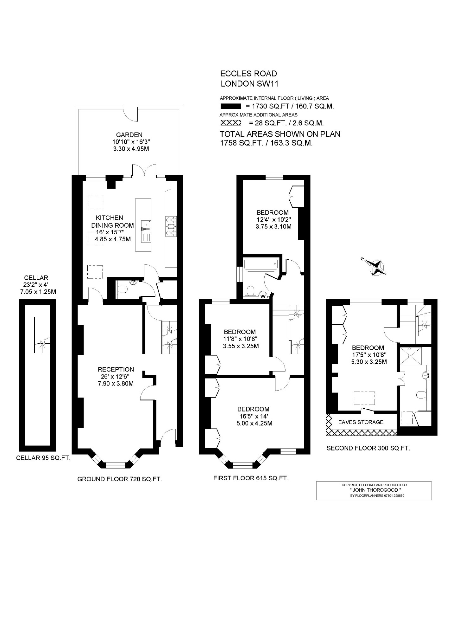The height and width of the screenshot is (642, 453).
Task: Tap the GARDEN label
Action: pyautogui.click(x=129, y=135)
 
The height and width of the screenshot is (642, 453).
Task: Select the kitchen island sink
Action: pyautogui.click(x=146, y=225)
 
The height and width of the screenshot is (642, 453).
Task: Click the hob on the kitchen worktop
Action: pyautogui.click(x=171, y=226)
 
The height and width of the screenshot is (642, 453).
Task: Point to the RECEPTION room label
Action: pyautogui.click(x=116, y=369)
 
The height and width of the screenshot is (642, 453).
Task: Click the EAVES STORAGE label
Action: pyautogui.click(x=361, y=422)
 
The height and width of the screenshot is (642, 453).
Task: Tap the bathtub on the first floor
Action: pyautogui.click(x=261, y=264)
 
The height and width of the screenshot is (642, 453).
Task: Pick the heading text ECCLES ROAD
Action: pyautogui.click(x=249, y=74)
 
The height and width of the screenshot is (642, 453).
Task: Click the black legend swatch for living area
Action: pyautogui.click(x=230, y=106)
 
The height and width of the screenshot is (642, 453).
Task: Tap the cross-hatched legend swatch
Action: pyautogui.click(x=230, y=123)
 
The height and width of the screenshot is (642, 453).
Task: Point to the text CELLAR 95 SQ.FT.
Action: pyautogui.click(x=43, y=458)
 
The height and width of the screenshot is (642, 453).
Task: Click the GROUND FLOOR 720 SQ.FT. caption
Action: pyautogui.click(x=120, y=479)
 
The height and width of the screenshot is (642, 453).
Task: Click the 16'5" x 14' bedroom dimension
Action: pyautogui.click(x=254, y=416)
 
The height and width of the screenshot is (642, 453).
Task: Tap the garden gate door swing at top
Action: pyautogui.click(x=131, y=113)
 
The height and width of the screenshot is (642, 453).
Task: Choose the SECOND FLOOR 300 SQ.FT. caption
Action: pyautogui.click(x=368, y=448)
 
